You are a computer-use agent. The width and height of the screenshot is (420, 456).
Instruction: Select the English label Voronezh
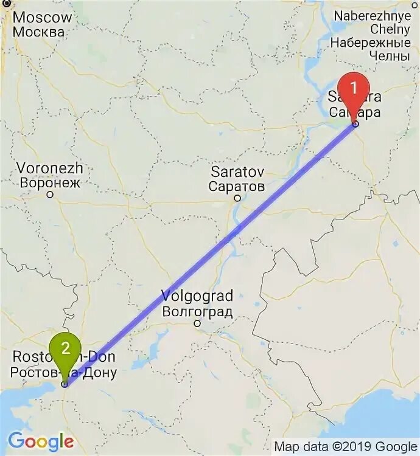(50, 168)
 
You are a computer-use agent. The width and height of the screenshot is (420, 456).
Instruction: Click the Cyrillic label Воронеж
(50, 182)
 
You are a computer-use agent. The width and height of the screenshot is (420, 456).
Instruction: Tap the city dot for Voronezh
(51, 195)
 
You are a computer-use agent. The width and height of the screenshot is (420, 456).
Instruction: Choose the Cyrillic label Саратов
(237, 185)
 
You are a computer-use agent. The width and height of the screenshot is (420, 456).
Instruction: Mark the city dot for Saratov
(237, 198)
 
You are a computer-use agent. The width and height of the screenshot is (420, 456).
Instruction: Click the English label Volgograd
(197, 297)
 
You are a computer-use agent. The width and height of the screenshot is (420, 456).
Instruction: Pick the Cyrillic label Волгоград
(197, 312)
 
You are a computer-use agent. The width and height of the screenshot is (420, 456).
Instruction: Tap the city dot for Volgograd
(197, 323)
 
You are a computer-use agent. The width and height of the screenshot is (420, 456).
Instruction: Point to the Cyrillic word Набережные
(370, 43)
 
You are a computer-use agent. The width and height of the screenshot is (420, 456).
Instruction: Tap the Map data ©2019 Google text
(345, 446)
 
